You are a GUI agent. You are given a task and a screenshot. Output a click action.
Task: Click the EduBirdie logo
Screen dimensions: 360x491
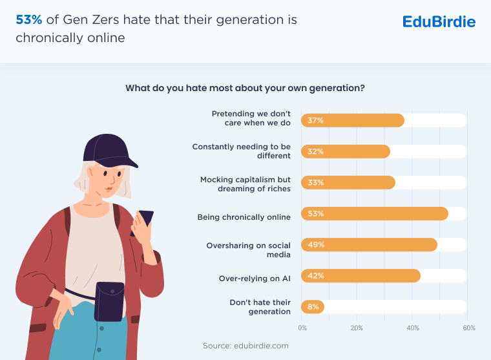point(439,22)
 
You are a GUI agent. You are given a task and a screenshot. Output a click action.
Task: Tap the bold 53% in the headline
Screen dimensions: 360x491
point(28,20)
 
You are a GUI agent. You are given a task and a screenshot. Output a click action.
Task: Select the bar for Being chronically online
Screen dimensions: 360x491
point(375,214)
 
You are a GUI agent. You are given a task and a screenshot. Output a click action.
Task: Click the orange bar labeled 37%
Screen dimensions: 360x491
point(352,121)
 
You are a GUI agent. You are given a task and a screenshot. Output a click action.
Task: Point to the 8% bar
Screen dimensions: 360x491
point(313,307)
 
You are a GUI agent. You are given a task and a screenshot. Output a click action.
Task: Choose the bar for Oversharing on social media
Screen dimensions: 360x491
point(369,245)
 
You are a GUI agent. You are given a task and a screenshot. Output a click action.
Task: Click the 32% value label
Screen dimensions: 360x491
point(316,152)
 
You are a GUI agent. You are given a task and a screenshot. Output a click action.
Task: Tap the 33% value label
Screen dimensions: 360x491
point(316,183)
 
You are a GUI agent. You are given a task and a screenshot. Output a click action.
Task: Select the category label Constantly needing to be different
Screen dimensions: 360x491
point(242,151)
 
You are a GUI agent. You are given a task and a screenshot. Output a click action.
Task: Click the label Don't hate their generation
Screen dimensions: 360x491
point(260,307)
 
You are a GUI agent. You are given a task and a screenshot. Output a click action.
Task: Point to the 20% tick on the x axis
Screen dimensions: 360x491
point(357,328)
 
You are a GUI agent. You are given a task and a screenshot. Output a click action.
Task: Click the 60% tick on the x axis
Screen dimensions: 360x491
point(468,328)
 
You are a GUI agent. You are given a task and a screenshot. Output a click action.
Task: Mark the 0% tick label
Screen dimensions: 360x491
point(302,328)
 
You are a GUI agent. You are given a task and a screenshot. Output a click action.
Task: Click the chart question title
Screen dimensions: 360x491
point(245,88)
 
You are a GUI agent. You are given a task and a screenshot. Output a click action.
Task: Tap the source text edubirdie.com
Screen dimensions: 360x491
point(245,346)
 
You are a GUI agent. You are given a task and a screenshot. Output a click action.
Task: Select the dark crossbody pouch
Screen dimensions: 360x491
point(109,301)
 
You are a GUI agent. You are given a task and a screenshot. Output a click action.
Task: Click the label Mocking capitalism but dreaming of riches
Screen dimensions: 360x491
point(245,183)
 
